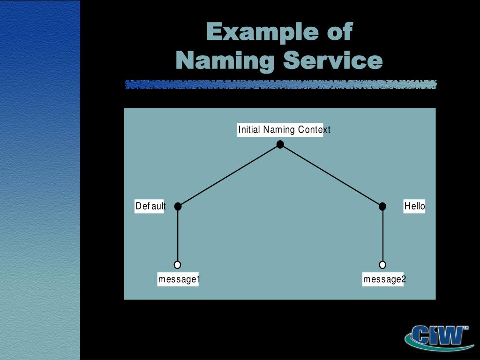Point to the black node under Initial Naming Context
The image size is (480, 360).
[280, 144]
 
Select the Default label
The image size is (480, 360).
[150, 206]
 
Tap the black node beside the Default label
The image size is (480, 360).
[178, 206]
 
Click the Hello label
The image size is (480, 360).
[414, 206]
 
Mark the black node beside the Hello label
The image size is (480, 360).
[382, 206]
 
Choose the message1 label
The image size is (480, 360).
[179, 280]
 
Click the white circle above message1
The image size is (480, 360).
[177, 265]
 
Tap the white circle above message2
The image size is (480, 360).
[382, 265]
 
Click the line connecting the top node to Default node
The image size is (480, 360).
[229, 175]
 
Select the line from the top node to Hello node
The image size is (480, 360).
[331, 175]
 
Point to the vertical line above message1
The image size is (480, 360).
[178, 234]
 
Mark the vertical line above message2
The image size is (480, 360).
[382, 234]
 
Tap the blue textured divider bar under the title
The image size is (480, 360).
[280, 85]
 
